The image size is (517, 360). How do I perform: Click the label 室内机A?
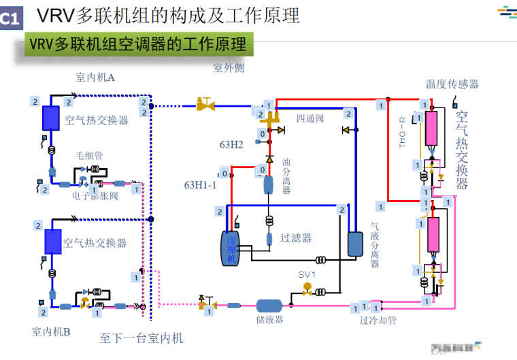click(x=95, y=78)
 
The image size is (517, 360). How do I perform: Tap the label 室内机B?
click(x=51, y=332)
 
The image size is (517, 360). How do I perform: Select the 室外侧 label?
click(x=229, y=68)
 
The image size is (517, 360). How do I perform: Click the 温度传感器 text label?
click(x=452, y=84)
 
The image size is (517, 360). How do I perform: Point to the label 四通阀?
click(x=310, y=118)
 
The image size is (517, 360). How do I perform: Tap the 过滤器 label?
click(x=297, y=238)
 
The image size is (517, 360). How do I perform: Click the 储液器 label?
click(x=269, y=319)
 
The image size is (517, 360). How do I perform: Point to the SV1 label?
click(x=307, y=274)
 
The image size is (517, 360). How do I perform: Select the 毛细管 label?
click(x=89, y=155)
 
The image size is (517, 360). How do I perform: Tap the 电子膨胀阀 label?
click(x=95, y=196)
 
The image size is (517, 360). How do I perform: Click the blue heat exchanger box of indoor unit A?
click(x=51, y=118)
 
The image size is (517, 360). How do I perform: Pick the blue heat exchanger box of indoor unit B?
click(x=52, y=242)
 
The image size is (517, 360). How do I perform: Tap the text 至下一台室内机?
click(x=141, y=338)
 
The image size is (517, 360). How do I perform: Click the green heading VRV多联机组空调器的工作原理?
click(x=137, y=44)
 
